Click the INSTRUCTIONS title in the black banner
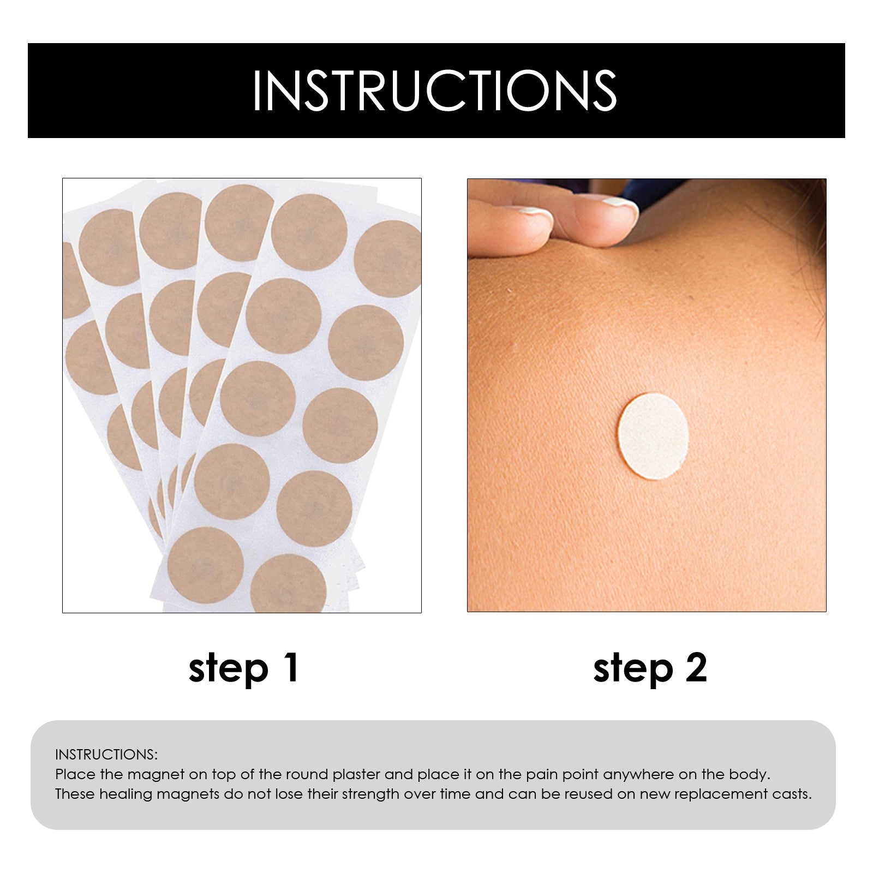(435, 91)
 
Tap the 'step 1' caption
(243, 668)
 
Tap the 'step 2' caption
(650, 668)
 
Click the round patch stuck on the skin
(653, 436)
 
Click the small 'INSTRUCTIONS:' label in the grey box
(106, 755)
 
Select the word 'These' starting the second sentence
(75, 794)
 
